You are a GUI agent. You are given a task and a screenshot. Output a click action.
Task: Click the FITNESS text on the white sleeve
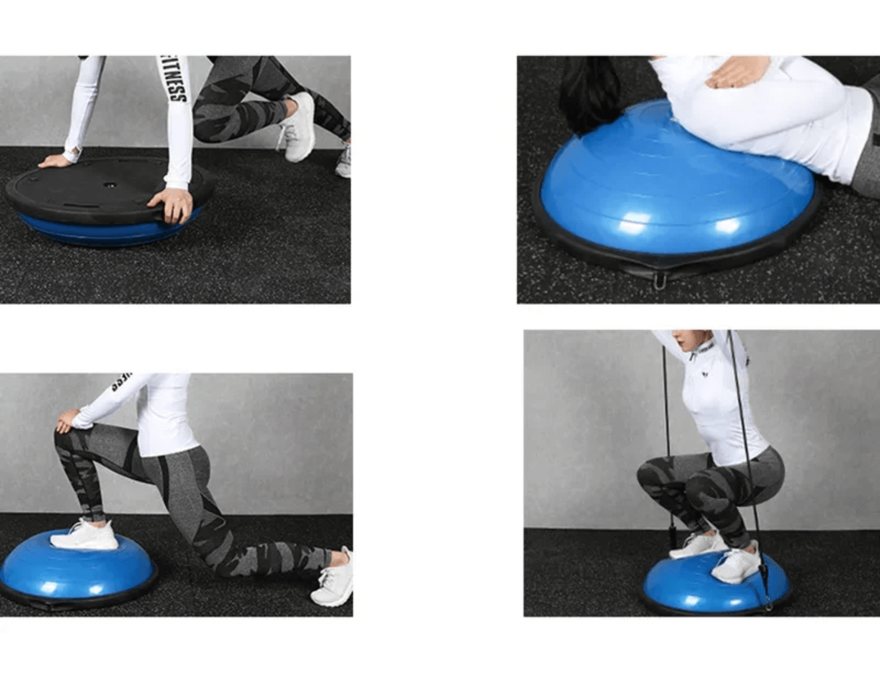[175, 81]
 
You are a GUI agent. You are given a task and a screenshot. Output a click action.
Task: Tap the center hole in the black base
[110, 185]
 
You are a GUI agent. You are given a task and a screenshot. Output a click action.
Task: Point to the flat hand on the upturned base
[54, 161]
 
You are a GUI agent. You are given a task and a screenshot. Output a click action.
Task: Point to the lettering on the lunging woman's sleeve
[122, 379]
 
